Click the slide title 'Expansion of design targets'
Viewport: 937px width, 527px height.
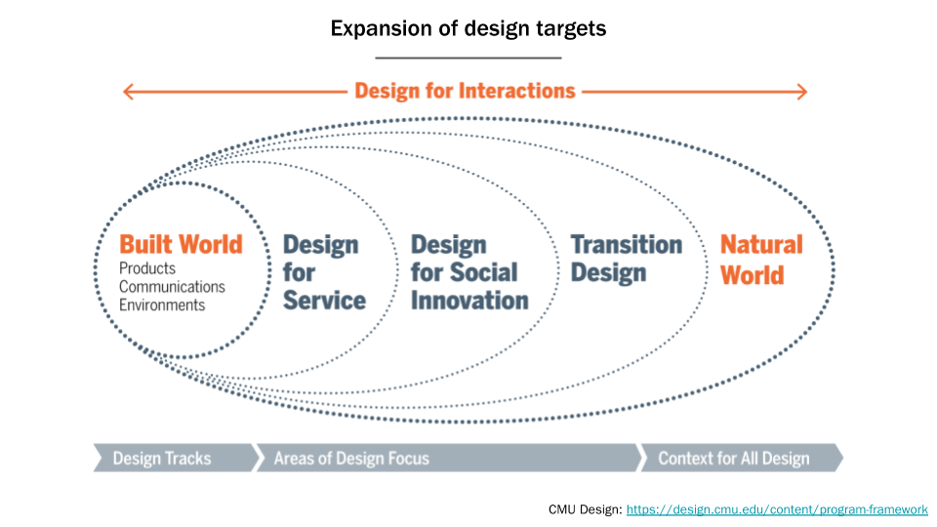click(x=468, y=28)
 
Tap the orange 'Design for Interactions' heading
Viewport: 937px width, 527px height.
click(x=465, y=91)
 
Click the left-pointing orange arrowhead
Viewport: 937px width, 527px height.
click(x=129, y=92)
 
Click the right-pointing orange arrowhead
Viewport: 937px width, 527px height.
click(x=800, y=92)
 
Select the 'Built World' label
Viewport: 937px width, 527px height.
click(x=181, y=244)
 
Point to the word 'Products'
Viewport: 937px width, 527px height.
click(x=147, y=268)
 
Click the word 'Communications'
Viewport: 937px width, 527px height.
click(x=172, y=287)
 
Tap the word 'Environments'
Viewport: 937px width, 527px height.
click(x=162, y=304)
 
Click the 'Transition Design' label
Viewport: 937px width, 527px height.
click(x=626, y=258)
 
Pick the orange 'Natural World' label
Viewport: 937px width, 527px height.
click(x=761, y=260)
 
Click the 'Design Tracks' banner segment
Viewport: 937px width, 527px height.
click(x=162, y=458)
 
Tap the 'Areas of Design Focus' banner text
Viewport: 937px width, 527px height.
click(x=351, y=458)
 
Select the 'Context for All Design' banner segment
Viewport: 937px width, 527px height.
click(x=733, y=458)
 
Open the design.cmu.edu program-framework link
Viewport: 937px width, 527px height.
click(x=776, y=509)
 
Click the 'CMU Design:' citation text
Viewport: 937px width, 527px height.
click(x=585, y=509)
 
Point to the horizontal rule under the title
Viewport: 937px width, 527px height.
click(x=468, y=59)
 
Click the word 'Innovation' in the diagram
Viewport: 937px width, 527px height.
click(x=469, y=301)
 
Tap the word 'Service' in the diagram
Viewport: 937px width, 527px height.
click(x=324, y=301)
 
